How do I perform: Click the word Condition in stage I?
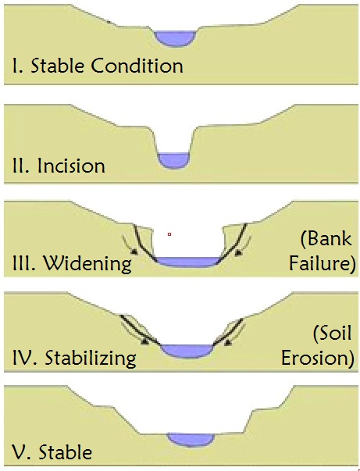[137, 66]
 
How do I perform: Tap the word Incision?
[71, 166]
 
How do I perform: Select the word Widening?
[87, 263]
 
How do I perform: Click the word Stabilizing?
[91, 358]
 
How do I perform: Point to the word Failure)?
[323, 262]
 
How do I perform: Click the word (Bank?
[326, 238]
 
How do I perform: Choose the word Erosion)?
[317, 358]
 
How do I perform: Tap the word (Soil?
[333, 333]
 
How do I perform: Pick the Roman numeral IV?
[25, 358]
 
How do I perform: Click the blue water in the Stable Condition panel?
[175, 38]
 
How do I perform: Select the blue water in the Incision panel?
[174, 160]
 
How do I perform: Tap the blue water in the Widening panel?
[187, 262]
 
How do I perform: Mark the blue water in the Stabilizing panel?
[187, 351]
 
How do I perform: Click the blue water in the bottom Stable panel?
[191, 440]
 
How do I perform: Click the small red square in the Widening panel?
[169, 234]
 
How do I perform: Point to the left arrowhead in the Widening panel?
[134, 252]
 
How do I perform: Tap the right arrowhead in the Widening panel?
[238, 252]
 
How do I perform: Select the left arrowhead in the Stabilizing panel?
[145, 341]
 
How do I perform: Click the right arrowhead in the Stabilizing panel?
[228, 342]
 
